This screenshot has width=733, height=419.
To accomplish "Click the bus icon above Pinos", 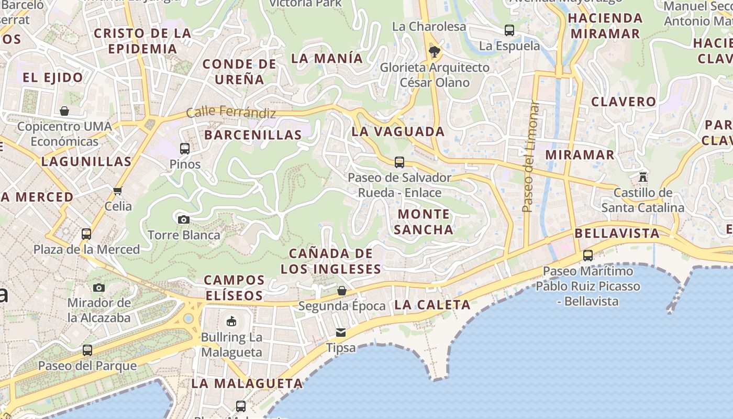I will click(184, 148).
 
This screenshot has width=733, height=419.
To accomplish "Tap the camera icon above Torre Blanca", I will click(183, 219).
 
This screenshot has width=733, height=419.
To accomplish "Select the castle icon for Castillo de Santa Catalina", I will click(643, 177).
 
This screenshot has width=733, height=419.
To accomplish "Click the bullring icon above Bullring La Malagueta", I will click(231, 321).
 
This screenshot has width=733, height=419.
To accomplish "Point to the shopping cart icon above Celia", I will click(118, 191).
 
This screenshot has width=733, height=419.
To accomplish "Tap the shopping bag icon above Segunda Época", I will click(342, 290).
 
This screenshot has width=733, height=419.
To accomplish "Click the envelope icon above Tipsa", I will click(341, 332).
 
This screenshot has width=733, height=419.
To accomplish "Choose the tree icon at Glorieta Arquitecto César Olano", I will click(434, 51).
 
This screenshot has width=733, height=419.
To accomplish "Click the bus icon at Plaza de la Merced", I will click(86, 234).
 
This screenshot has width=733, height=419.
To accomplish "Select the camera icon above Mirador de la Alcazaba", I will click(99, 288).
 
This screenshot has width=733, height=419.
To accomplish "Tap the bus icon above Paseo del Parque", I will click(87, 350).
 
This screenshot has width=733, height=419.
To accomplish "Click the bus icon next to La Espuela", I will click(509, 30).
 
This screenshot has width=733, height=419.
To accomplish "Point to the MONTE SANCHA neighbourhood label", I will click(424, 222).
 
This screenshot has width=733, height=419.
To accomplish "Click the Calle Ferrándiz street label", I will click(231, 112).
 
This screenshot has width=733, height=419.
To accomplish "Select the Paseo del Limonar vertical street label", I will click(531, 157).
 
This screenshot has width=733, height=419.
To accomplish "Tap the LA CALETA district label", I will click(432, 305).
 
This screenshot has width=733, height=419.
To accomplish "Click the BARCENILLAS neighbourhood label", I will click(253, 135).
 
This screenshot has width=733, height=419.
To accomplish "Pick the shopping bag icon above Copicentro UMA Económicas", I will click(64, 111).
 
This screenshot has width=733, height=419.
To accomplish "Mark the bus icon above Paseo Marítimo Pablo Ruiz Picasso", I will click(588, 256).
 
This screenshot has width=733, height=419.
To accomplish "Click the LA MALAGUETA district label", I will click(247, 383).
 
